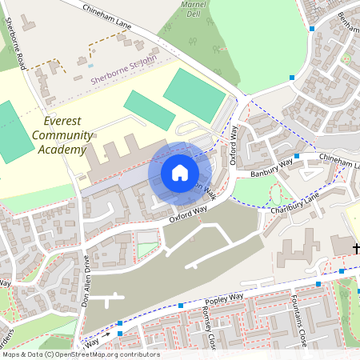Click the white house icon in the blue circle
pyautogui.click(x=179, y=173)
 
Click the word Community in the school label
pyautogui.click(x=62, y=135)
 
